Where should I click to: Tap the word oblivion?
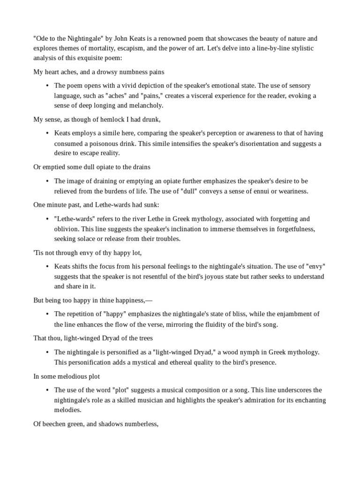coord(67,229)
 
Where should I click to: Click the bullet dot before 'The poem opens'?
coord(47,86)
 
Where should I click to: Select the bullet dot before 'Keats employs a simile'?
coord(47,134)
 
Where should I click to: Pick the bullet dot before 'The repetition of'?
coord(47,314)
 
